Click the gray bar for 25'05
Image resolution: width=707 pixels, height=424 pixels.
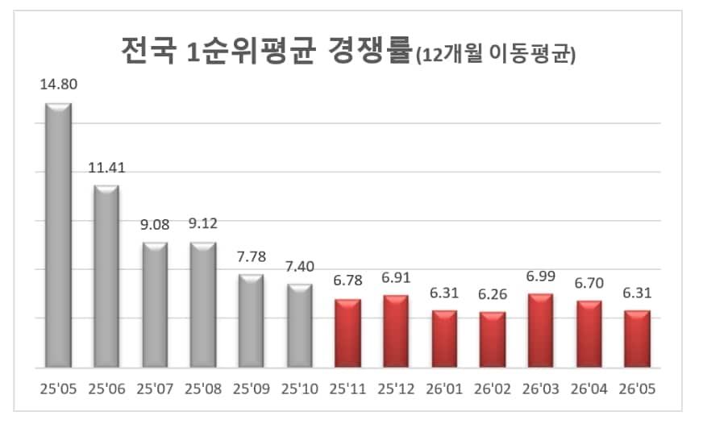coord(59,235)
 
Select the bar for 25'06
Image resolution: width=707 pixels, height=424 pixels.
coord(106,276)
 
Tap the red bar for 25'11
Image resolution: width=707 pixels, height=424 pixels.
coord(347,333)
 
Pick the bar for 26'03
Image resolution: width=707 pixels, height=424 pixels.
coord(541,330)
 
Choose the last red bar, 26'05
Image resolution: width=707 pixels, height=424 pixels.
coord(637,339)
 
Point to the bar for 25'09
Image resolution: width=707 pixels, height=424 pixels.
coord(252,321)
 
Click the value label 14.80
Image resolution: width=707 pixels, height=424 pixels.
coord(59,85)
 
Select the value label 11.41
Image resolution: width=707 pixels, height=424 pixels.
coord(106,168)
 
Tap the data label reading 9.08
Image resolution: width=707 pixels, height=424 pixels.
coord(155,225)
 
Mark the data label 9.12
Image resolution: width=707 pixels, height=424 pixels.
coord(203,223)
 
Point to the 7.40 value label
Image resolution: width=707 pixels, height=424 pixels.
coord(300,267)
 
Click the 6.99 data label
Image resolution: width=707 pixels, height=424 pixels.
coord(541,276)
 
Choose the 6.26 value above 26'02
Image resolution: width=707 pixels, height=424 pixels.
coord(493,294)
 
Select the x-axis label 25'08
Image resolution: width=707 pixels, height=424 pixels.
coord(203,389)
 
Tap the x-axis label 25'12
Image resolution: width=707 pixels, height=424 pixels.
coord(396,389)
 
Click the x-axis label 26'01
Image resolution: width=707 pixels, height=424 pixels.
coord(444,389)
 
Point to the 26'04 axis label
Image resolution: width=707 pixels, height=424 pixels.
coord(588,389)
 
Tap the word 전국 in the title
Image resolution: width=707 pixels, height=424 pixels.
coord(148,51)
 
